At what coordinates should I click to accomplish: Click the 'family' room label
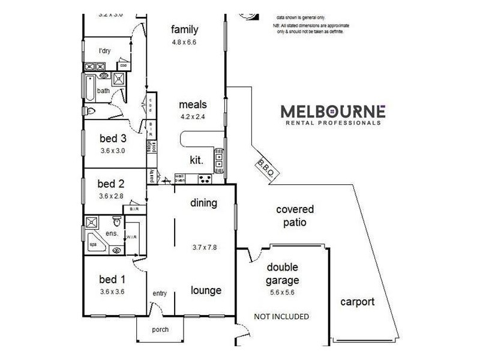[x=184, y=30]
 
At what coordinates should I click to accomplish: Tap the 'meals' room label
[x=193, y=104]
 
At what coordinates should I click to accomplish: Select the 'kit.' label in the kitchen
[x=196, y=161]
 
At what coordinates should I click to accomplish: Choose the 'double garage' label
[x=283, y=274]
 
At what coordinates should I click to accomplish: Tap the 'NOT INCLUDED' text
[x=281, y=316]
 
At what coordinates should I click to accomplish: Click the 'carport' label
[x=357, y=302]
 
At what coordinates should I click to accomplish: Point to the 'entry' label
[x=160, y=293]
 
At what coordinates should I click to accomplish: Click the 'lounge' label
[x=206, y=290]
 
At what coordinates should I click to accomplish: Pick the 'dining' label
[x=203, y=203]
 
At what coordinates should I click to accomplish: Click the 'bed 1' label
[x=112, y=279]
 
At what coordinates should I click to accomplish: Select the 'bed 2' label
[x=110, y=184]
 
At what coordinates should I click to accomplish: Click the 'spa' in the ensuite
[x=93, y=245]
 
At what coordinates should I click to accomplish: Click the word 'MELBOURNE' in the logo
[x=334, y=111]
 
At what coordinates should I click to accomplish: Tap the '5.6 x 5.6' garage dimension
[x=283, y=293]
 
